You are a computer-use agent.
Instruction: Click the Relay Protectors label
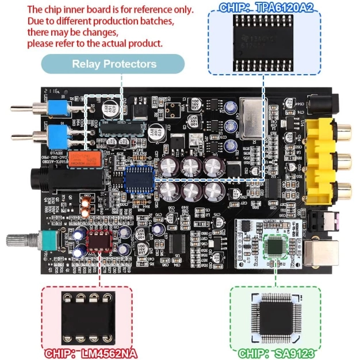tap(114, 64)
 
